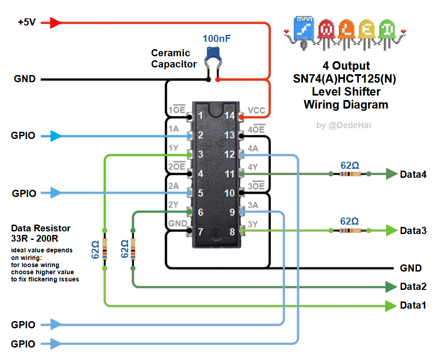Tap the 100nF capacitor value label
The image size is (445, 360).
point(216,39)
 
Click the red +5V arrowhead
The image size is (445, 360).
point(56,22)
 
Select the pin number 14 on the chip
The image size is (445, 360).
point(229,116)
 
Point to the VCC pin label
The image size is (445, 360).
point(256,110)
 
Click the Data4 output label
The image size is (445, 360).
point(413,174)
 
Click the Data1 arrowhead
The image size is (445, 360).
point(391,306)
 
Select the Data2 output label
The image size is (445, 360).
point(413,287)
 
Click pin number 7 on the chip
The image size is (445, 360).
point(200,232)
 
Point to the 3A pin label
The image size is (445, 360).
point(253,205)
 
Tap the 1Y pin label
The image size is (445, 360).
point(174,148)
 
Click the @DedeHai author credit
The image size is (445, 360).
point(343,126)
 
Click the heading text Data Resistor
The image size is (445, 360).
point(41,228)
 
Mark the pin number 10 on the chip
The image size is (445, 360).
point(229,193)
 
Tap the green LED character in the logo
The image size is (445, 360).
point(387,30)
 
